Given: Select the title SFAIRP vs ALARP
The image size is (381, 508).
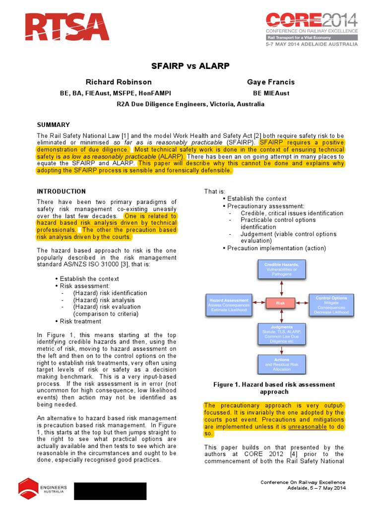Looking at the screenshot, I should coord(190,66).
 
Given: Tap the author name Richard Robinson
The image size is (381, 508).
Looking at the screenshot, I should coord(119,82).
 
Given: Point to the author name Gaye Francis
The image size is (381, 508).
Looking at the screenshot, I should coord(271,82).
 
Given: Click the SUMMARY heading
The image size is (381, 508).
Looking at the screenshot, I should coord(53,125).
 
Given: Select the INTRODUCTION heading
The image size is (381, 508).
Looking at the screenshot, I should coord(62,191).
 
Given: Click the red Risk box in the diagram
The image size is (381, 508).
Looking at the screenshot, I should coord(282,302).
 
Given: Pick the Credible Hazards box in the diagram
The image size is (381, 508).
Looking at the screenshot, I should coord(282,270).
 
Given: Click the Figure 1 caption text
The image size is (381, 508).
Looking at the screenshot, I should coord(273,388).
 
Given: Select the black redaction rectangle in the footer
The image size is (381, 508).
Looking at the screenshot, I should coord(110,491).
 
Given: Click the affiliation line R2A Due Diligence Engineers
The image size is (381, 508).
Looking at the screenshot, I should coord(190,104).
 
